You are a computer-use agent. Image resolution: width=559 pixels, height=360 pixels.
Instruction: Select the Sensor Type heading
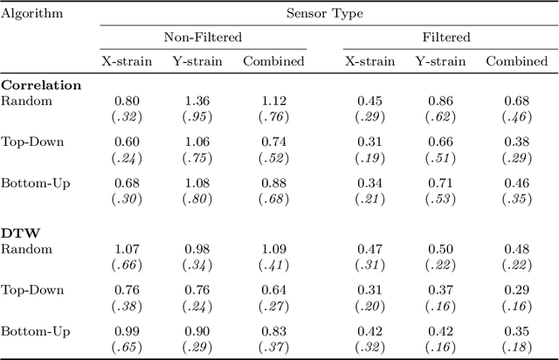click(325, 14)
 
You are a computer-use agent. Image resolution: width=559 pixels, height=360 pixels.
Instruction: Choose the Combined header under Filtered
click(516, 61)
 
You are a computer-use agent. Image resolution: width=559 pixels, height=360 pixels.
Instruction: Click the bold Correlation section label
click(41, 86)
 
